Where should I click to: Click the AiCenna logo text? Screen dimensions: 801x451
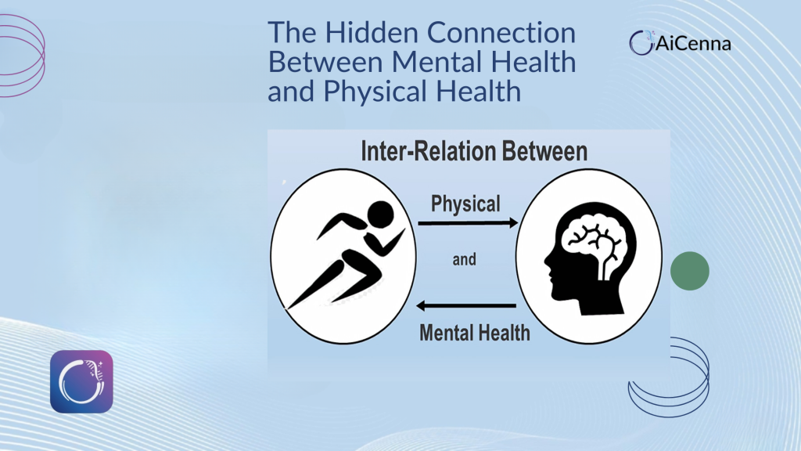tap(693, 44)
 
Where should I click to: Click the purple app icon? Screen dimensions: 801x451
tap(81, 381)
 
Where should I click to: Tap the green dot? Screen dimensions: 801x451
tap(690, 271)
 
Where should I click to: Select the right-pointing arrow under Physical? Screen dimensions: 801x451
tap(468, 222)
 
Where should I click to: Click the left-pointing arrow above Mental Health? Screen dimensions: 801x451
tap(466, 306)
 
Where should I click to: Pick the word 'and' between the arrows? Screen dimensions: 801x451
tap(465, 260)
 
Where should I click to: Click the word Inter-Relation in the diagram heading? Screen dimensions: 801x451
tap(428, 151)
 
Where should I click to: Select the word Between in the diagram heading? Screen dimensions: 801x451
tap(544, 151)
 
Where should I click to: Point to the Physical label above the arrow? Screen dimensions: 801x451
tap(465, 204)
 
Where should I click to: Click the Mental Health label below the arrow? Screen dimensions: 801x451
tap(475, 333)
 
